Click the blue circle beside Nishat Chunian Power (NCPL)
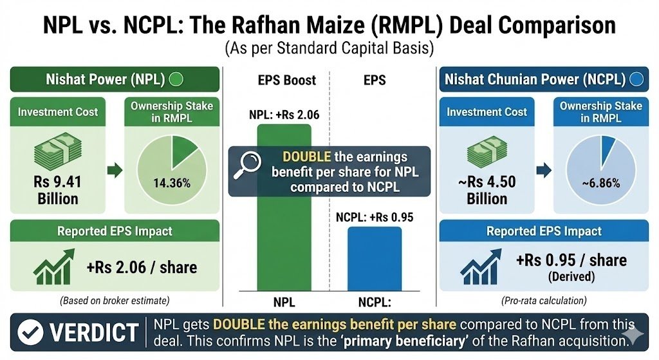point(636,80)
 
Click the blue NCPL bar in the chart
point(374,258)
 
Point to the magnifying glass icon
point(246,164)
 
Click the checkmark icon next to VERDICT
point(29,333)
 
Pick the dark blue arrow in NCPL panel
point(543,171)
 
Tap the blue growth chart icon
point(479,267)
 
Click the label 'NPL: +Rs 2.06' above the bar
point(284,116)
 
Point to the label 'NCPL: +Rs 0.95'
point(374,217)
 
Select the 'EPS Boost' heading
point(286,81)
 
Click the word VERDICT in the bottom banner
point(94,333)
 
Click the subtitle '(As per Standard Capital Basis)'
point(329,48)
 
